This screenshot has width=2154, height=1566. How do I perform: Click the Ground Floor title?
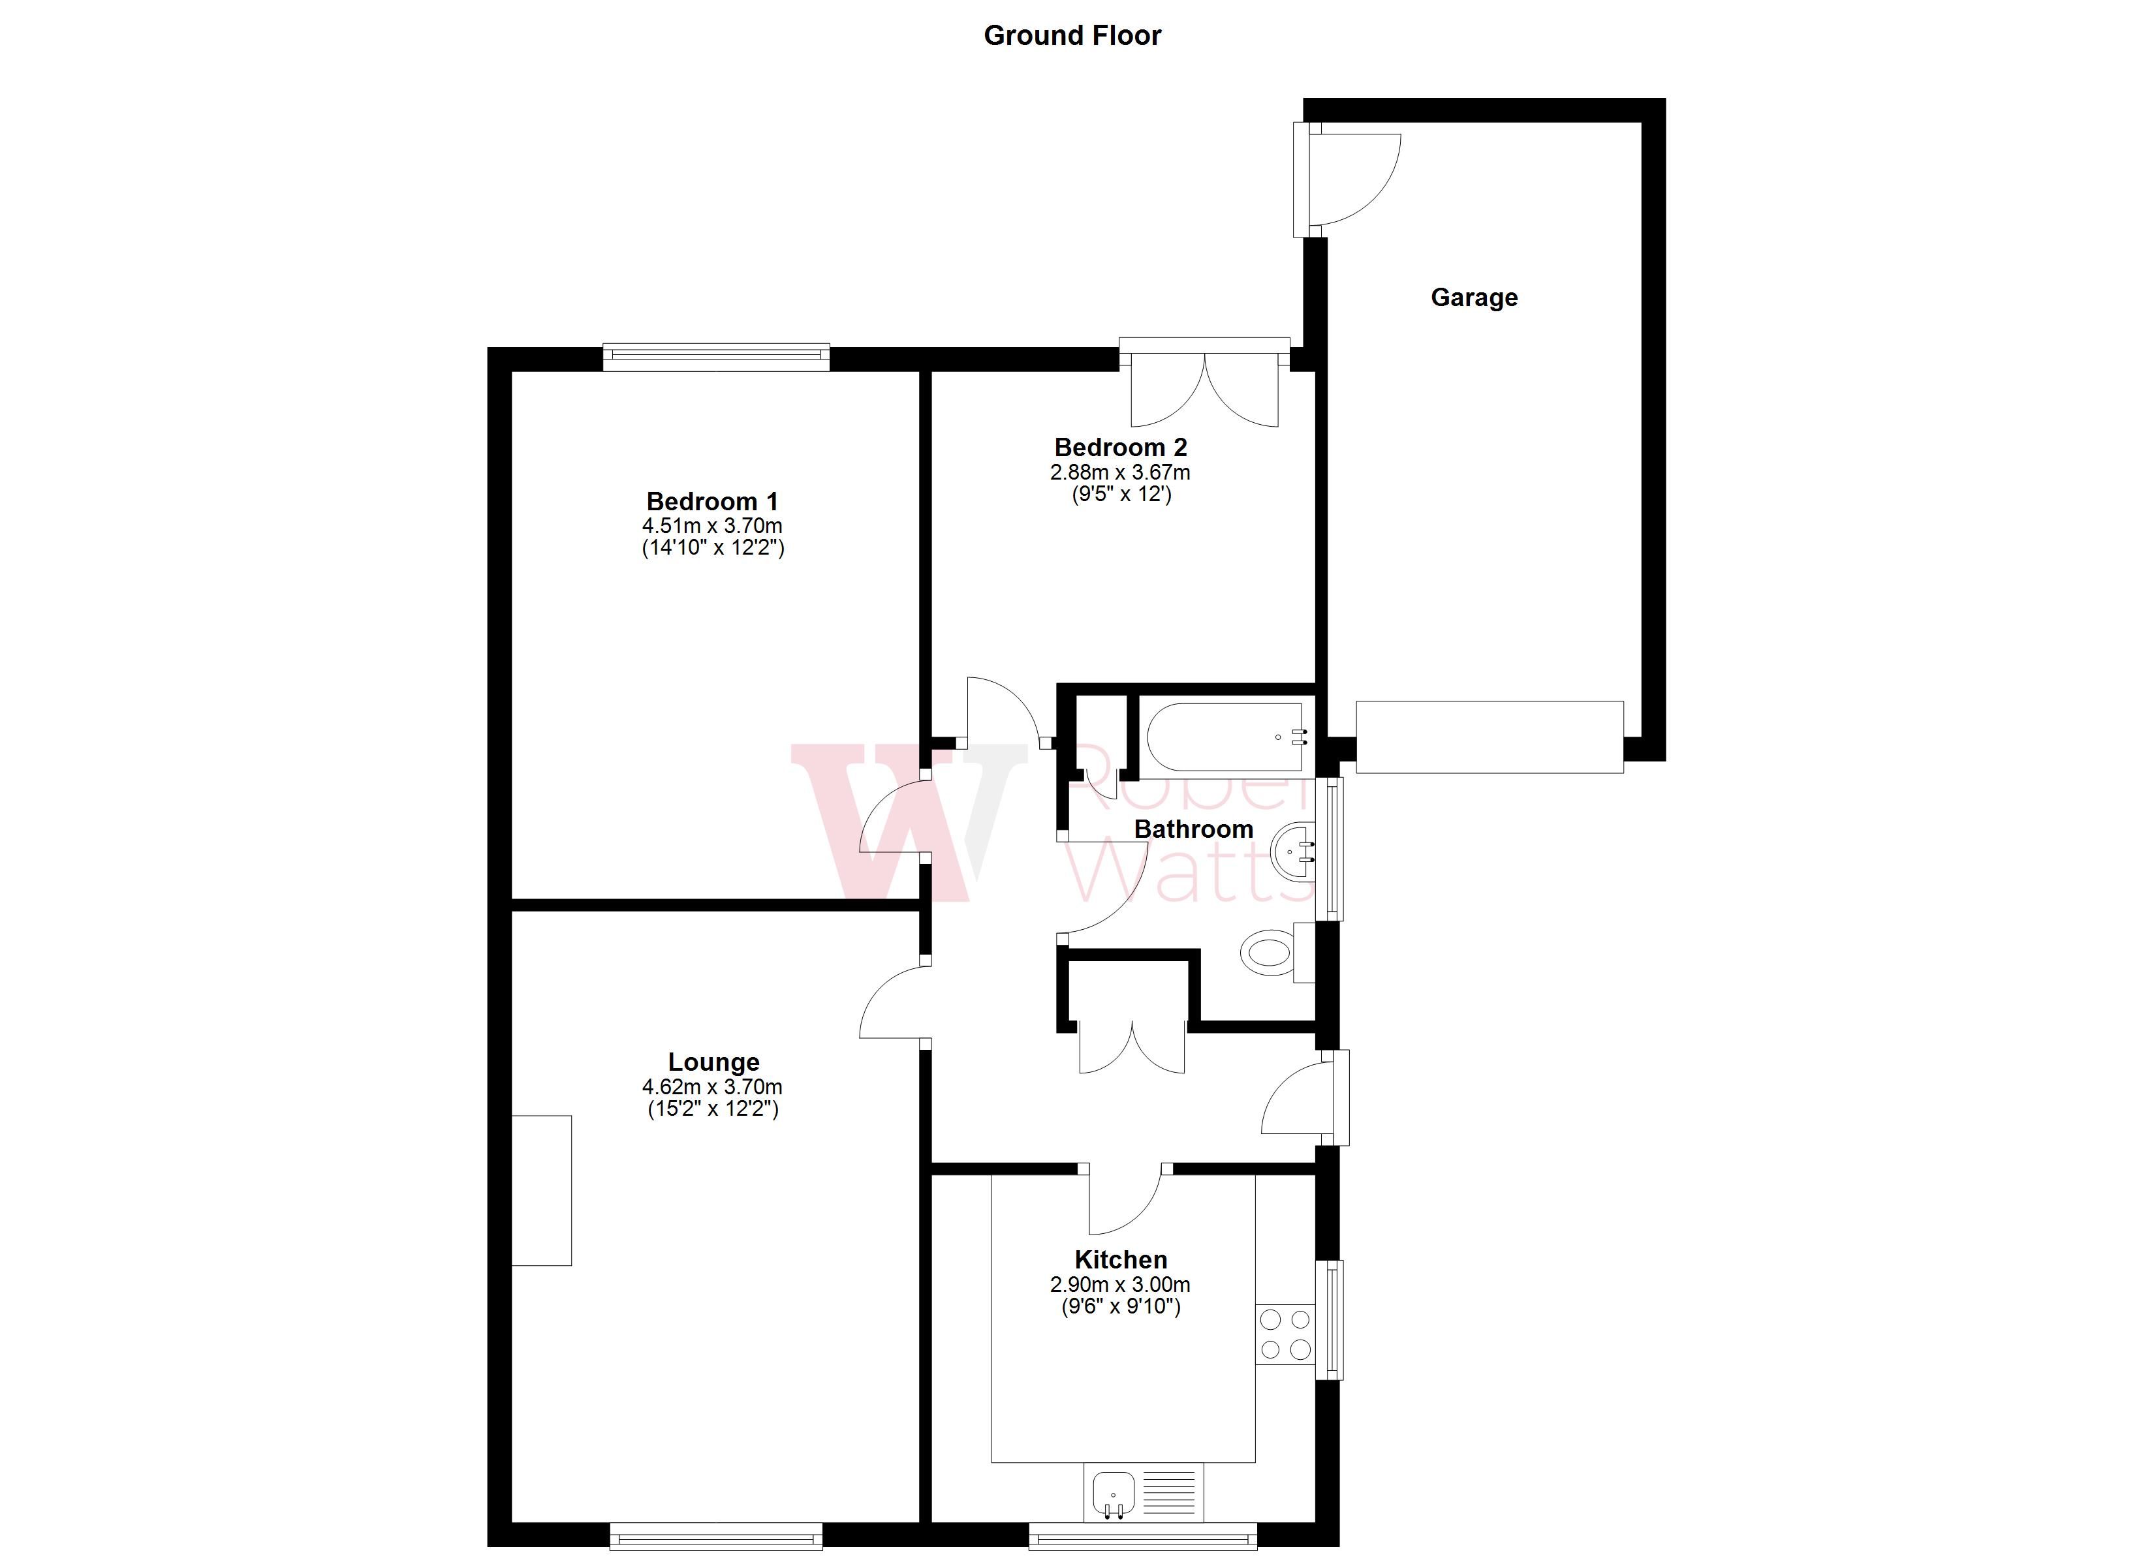click(1072, 36)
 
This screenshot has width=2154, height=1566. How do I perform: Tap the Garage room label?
click(1474, 298)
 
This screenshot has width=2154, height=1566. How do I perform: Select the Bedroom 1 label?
click(712, 501)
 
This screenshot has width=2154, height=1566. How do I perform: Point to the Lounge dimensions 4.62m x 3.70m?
click(712, 1086)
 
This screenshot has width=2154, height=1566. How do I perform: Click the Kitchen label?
click(1121, 1260)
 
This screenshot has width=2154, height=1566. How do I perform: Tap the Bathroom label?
click(1193, 829)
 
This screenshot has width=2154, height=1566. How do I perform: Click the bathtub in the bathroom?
click(1225, 737)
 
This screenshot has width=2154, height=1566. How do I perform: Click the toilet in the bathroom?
click(1270, 951)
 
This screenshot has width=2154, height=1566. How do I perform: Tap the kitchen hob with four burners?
click(1285, 1334)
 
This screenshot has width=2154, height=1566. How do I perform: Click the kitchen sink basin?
click(1113, 1499)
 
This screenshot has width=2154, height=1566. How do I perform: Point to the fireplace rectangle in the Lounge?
click(541, 1190)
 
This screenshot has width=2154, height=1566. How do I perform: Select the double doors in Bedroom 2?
click(1204, 390)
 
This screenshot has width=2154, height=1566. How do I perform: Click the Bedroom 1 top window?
click(716, 356)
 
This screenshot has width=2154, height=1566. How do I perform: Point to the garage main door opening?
click(1489, 737)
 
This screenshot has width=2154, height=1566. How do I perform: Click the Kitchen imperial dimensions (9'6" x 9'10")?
click(1121, 1307)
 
